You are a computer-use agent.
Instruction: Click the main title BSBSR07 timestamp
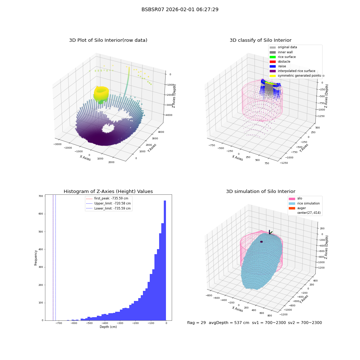pyautogui.click(x=180, y=9)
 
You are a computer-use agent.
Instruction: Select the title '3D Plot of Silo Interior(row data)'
pyautogui.click(x=108, y=40)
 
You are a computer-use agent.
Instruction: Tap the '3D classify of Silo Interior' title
pyautogui.click(x=261, y=40)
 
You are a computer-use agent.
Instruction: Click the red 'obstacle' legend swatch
pyautogui.click(x=273, y=62)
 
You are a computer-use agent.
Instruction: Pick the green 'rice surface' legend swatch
pyautogui.click(x=273, y=57)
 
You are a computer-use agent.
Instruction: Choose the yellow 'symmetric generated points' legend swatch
pyautogui.click(x=273, y=76)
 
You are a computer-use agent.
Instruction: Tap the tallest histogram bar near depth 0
pyautogui.click(x=165, y=260)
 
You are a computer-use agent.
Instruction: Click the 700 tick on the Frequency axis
pyautogui.click(x=41, y=196)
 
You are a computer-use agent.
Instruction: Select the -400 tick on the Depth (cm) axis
pyautogui.click(x=104, y=323)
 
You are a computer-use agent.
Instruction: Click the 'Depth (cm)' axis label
pyautogui.click(x=108, y=327)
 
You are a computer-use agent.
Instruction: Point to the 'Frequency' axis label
pyautogui.click(x=36, y=258)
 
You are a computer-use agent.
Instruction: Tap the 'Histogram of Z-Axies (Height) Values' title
pyautogui.click(x=108, y=192)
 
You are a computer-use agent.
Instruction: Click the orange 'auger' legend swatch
pyautogui.click(x=292, y=208)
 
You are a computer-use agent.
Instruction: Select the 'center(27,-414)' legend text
pyautogui.click(x=309, y=213)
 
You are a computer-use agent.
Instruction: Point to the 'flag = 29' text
pyautogui.click(x=196, y=323)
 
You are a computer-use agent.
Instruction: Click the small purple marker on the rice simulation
pyautogui.click(x=261, y=242)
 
